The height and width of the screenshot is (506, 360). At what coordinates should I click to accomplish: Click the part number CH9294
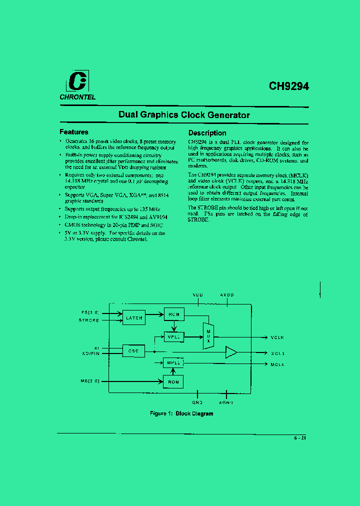pos(289,85)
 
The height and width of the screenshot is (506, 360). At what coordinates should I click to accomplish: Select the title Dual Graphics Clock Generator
pos(184,115)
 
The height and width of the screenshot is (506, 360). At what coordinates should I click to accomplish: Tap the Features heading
pos(74,132)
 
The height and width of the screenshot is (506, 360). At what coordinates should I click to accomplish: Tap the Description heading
pos(207,133)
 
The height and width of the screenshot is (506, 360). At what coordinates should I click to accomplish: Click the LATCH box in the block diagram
pos(134,317)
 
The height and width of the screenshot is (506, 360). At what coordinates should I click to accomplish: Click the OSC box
pos(133,351)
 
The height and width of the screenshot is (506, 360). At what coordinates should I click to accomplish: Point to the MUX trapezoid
pos(208,336)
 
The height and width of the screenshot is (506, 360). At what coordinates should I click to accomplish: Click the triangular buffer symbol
pos(231,352)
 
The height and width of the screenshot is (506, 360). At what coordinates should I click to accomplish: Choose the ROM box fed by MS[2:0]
pos(173,382)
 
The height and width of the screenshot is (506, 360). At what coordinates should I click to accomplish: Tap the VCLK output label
pos(277,337)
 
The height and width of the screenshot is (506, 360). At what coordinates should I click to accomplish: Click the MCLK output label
pos(277,364)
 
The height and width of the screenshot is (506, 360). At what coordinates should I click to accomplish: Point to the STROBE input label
pos(89,320)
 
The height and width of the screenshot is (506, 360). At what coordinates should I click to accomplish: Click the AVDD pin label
pos(227,295)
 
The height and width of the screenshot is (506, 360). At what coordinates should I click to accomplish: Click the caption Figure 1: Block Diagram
pos(181,413)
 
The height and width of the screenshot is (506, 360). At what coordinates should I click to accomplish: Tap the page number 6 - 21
pos(300,438)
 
